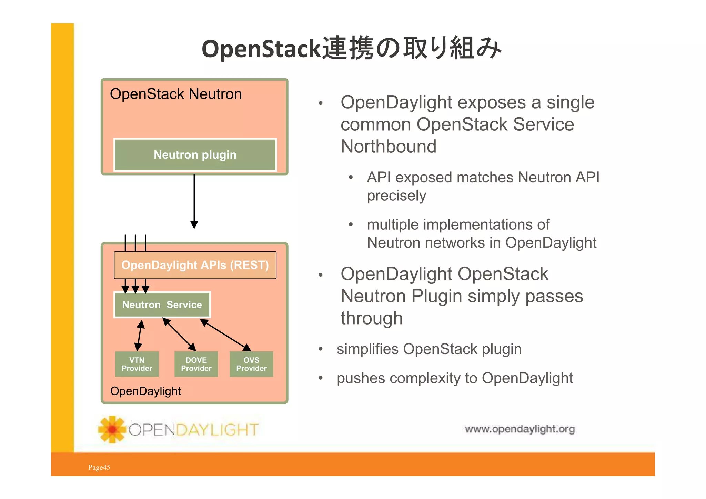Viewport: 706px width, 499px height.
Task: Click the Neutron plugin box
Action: point(195,155)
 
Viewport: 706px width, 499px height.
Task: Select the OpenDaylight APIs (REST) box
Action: point(195,265)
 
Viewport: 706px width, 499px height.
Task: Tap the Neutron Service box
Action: point(162,305)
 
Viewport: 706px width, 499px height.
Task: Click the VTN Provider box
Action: point(137,364)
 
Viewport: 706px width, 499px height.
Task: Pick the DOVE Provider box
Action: point(196,364)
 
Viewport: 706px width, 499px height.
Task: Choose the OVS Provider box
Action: point(251,364)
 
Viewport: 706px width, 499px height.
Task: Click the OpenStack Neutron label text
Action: point(176,94)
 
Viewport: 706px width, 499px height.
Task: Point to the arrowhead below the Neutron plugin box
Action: point(194,224)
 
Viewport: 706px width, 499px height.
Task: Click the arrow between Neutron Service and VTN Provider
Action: point(139,335)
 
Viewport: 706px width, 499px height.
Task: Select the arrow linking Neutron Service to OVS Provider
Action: point(226,335)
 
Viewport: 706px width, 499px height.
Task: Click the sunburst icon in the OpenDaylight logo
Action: point(112,429)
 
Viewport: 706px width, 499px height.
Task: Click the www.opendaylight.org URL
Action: point(520,429)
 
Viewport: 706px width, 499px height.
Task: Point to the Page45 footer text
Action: point(99,467)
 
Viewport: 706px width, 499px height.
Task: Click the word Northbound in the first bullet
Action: point(389,147)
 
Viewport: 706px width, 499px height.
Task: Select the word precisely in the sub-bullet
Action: point(396,196)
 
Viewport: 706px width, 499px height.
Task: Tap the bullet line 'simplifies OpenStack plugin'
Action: point(429,349)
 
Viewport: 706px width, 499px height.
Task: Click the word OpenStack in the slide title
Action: point(261,49)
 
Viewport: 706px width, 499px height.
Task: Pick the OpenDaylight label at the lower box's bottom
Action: point(145,391)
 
